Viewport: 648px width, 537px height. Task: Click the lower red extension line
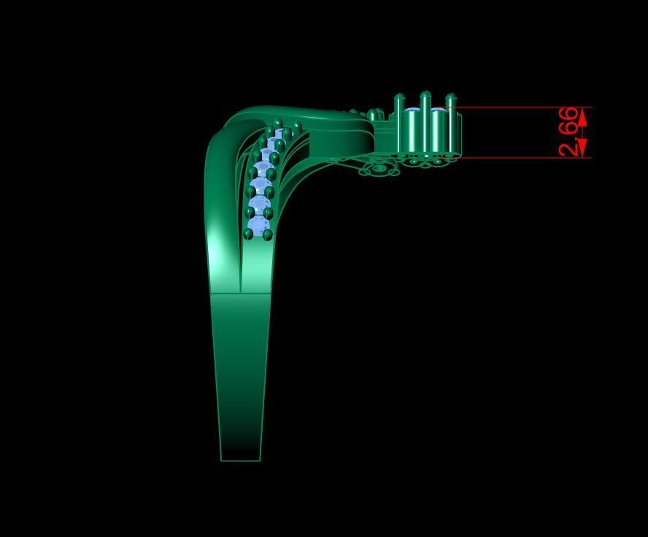(525, 158)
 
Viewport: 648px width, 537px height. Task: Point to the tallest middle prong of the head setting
(425, 121)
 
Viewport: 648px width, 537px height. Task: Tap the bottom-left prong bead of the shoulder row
(249, 234)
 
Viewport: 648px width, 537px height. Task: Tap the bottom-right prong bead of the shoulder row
(268, 234)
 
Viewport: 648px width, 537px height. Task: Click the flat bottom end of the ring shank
(240, 460)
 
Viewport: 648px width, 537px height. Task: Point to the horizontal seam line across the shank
(240, 293)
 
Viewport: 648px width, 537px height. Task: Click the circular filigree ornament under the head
(379, 169)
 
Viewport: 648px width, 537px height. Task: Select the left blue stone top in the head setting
(412, 112)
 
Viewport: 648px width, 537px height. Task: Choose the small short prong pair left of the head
(375, 115)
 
